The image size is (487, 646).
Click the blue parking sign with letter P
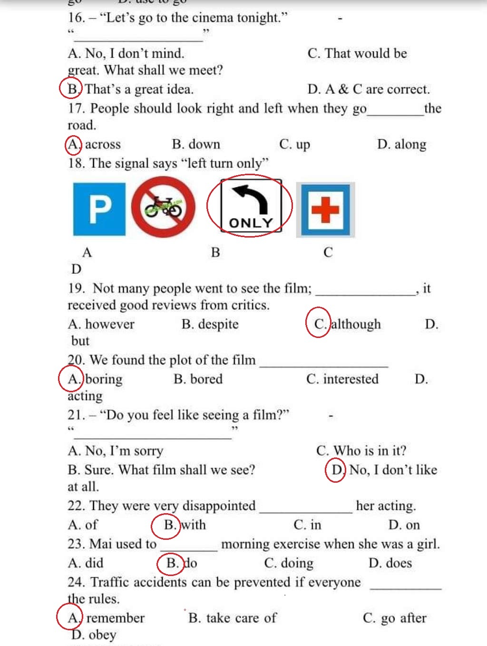[99, 209]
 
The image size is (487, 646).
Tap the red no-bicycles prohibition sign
[163, 208]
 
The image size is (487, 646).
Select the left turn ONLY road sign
[251, 206]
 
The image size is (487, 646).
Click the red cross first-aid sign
[326, 209]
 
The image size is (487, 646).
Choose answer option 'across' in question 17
[103, 144]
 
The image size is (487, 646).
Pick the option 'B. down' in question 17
[196, 144]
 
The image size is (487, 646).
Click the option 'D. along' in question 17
[401, 144]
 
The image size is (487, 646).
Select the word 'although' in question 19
[356, 324]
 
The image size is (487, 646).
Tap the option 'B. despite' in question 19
[210, 324]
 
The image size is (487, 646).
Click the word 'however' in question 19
[109, 324]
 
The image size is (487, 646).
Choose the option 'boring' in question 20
[104, 379]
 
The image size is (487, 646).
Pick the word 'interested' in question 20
[351, 379]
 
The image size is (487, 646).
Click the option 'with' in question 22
[194, 525]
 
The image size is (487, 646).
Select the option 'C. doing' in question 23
[289, 563]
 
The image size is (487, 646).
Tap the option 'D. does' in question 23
[390, 563]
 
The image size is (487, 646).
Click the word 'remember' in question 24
[115, 618]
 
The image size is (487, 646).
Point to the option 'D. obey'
[94, 635]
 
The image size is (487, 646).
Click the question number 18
[76, 163]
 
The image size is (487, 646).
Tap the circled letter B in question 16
[72, 89]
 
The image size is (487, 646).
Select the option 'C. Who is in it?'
[361, 451]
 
